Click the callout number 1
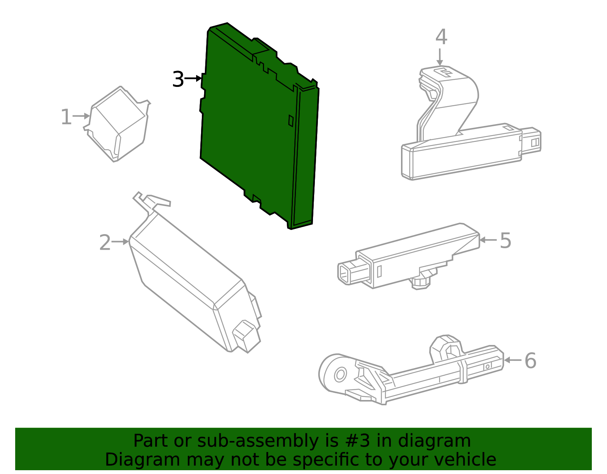tap(66, 117)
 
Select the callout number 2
tap(105, 243)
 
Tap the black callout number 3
tap(178, 79)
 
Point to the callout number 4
tap(441, 37)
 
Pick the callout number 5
tap(505, 241)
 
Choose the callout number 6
tap(530, 361)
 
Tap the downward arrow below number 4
tap(440, 57)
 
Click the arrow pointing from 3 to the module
tap(193, 79)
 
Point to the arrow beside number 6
tap(513, 360)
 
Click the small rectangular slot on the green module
tap(291, 120)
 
